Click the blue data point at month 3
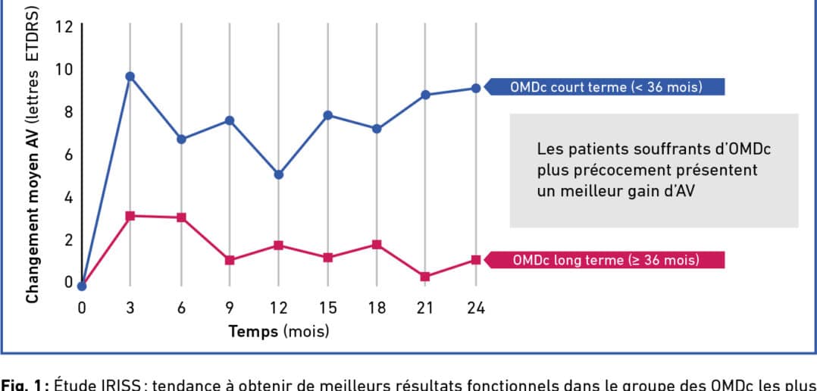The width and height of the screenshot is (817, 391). (130, 77)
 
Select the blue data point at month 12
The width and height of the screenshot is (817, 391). (279, 174)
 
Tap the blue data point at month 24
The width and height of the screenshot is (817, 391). (476, 88)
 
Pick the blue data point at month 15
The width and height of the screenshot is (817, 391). (327, 115)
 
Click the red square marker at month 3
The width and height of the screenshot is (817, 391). (130, 216)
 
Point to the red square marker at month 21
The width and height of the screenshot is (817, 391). (426, 277)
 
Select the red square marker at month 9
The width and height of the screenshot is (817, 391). (230, 260)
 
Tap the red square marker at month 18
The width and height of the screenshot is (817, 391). (377, 245)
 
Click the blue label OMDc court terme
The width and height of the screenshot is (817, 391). (606, 87)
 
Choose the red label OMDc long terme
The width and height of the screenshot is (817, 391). (606, 260)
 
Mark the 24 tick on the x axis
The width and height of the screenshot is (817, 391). (475, 308)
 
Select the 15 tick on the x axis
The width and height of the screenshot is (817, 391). (327, 308)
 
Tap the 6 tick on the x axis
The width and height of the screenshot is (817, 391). (180, 308)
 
